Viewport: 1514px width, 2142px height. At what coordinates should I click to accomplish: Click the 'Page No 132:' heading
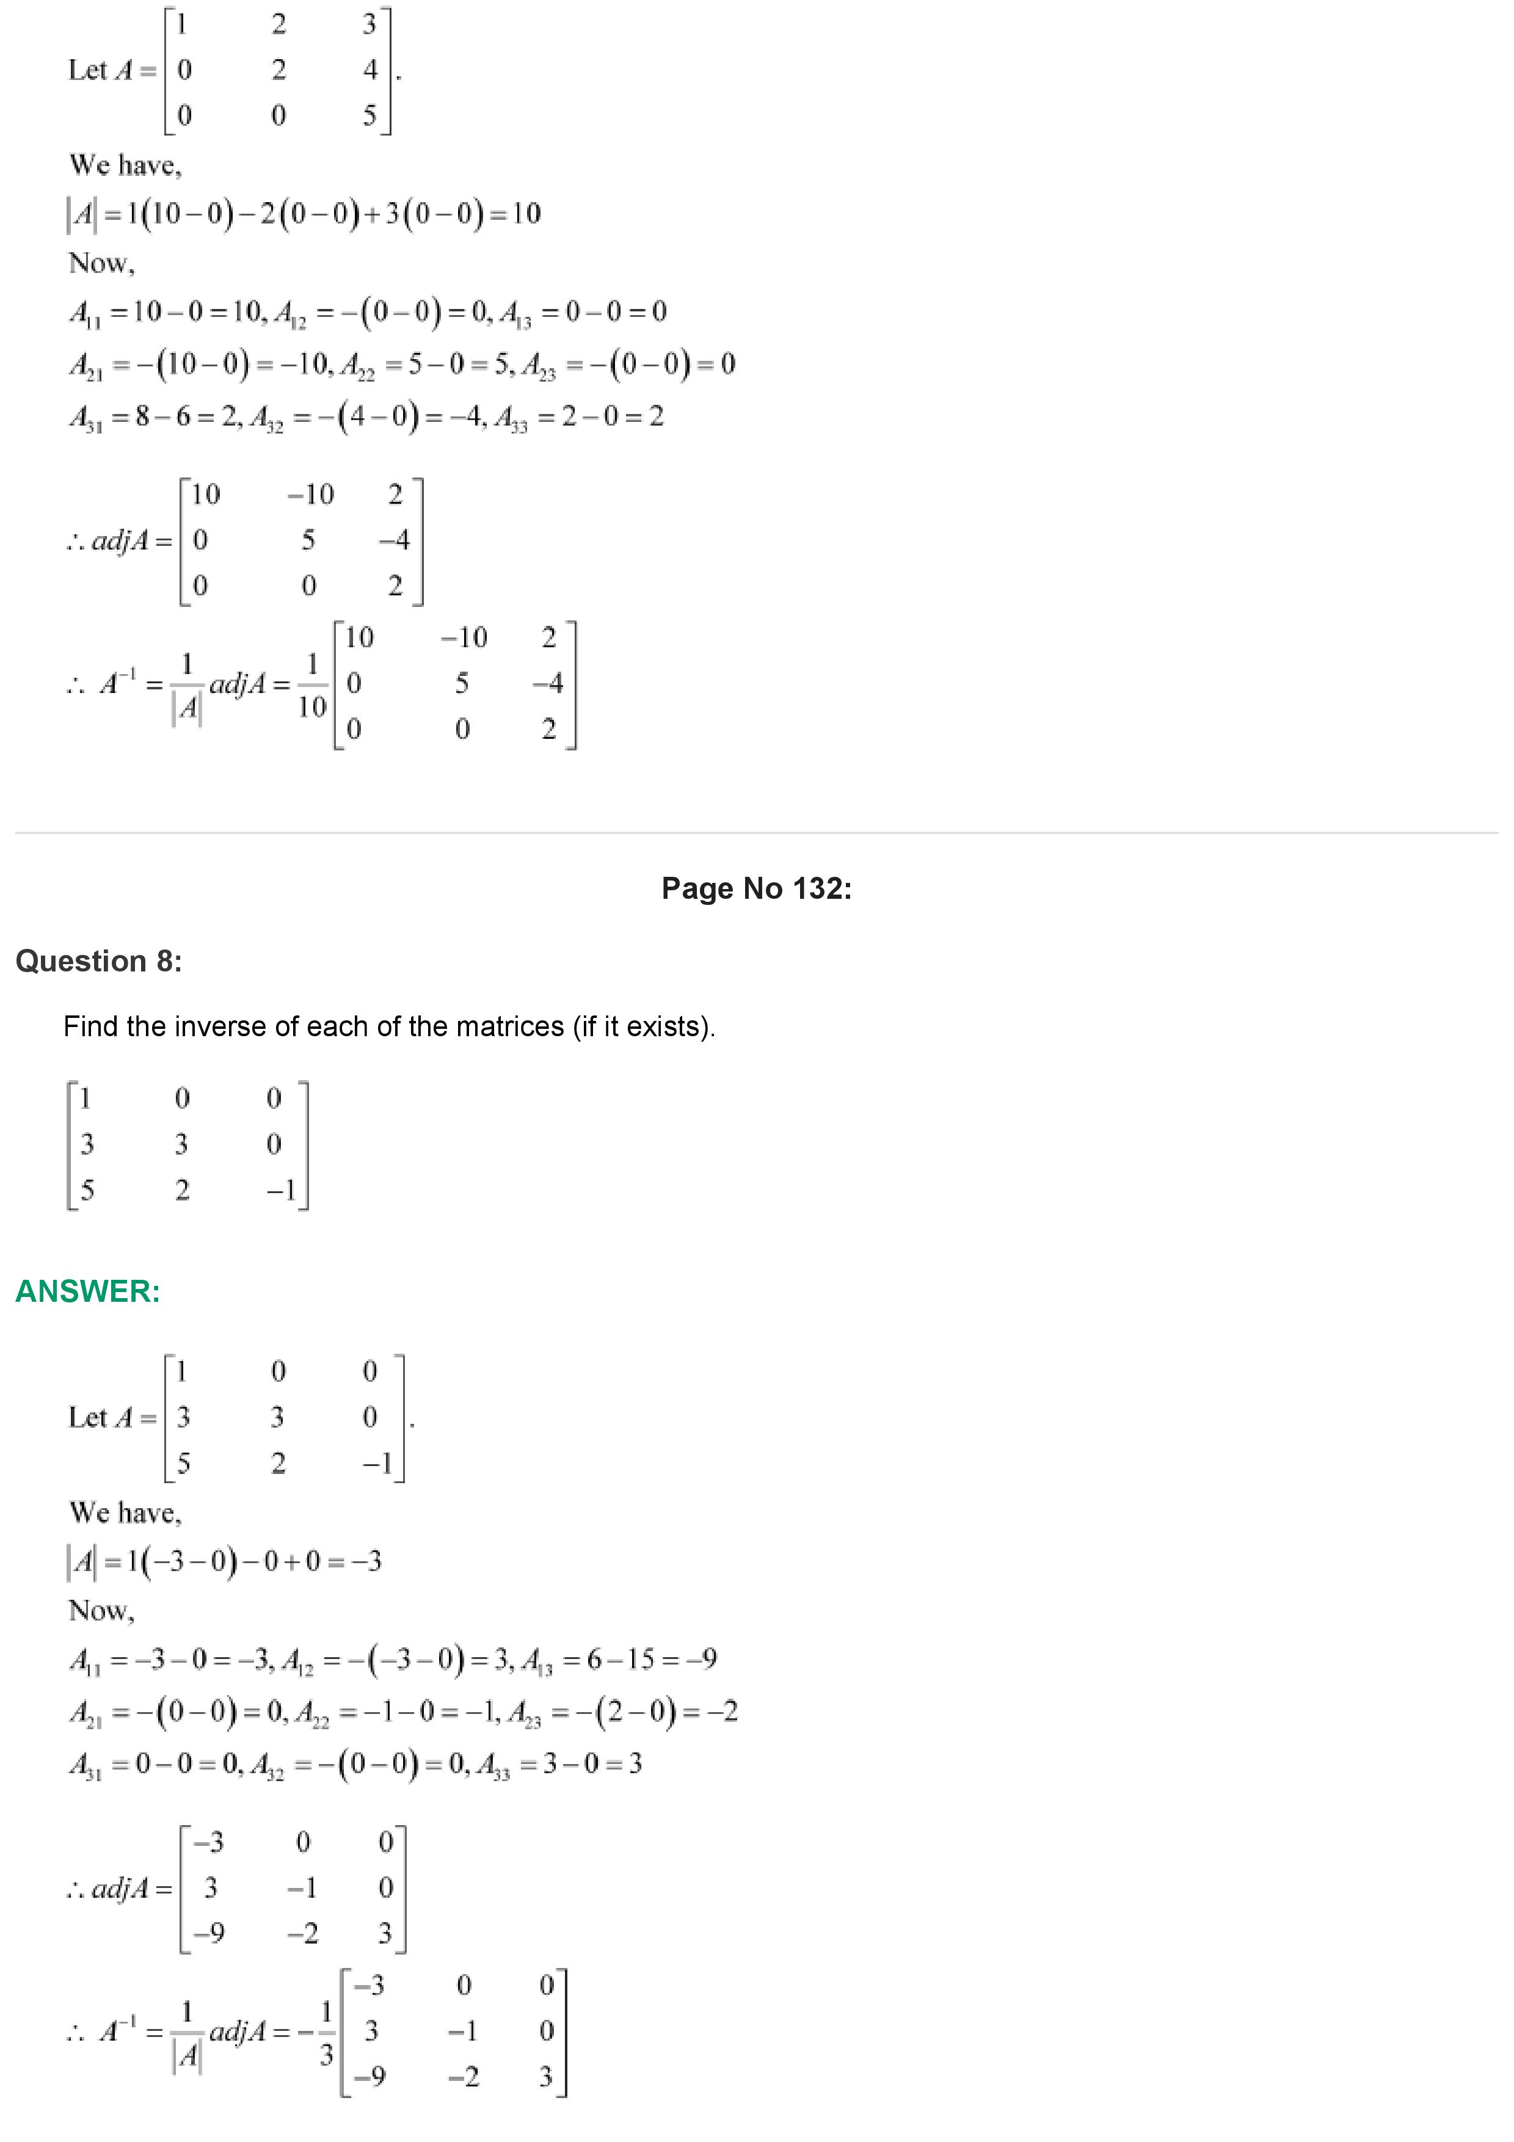755,888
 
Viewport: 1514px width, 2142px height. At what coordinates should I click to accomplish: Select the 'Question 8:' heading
99,961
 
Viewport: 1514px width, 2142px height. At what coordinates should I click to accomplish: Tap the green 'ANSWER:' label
88,1291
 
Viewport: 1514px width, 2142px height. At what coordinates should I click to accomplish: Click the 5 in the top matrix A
369,115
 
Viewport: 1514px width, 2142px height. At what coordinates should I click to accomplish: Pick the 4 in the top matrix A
370,70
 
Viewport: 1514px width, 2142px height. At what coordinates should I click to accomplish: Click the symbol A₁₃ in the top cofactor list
515,313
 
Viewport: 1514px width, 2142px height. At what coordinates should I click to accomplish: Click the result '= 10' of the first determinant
516,214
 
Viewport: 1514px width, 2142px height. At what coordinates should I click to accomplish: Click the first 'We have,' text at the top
125,165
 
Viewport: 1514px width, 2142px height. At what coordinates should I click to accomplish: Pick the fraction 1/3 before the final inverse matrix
326,2033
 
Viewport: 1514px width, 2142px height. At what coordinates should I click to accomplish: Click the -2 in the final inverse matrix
463,2076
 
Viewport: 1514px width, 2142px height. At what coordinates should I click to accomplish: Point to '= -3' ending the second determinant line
359,1561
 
